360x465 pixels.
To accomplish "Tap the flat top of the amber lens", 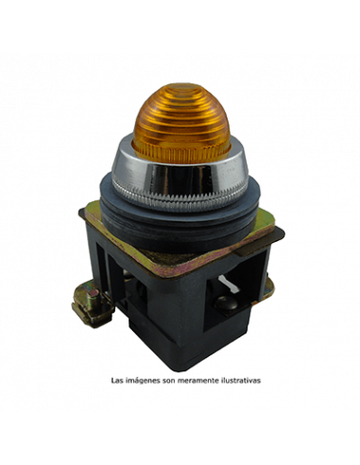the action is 182,87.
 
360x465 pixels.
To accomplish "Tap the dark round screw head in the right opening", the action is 226,302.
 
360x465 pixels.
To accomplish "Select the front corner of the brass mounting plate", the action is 166,273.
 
